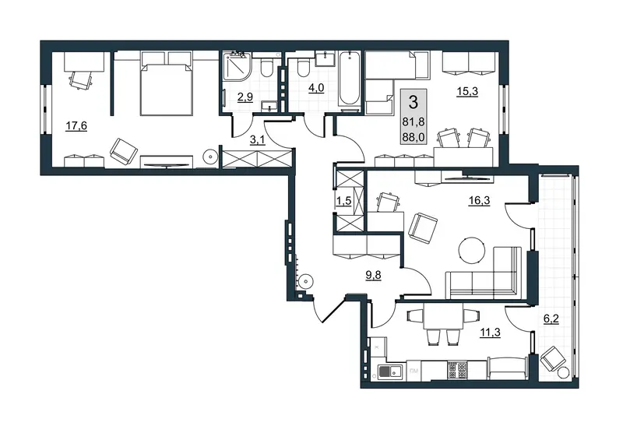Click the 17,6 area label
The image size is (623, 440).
76,126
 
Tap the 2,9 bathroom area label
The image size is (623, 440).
245,97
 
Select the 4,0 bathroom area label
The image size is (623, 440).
316,87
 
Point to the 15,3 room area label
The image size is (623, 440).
467,91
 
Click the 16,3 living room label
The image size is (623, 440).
479,200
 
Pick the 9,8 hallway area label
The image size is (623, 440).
373,275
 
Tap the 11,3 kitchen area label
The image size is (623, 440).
490,332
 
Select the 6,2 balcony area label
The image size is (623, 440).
551,319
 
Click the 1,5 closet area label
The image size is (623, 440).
343,201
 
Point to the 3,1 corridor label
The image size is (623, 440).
258,140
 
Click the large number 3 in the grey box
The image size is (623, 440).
414,102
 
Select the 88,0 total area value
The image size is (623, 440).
414,137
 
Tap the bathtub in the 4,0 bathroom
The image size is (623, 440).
350,79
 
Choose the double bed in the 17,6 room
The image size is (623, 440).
167,90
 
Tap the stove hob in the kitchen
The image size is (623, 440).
457,370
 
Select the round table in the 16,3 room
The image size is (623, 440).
472,251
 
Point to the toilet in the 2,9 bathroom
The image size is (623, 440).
266,67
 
